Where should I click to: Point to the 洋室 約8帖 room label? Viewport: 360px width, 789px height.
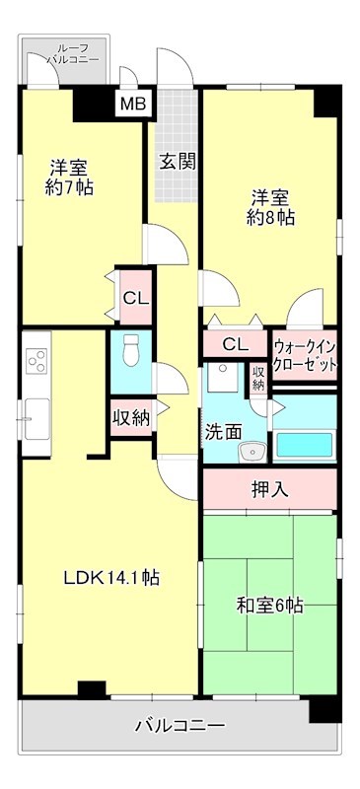tap(269, 207)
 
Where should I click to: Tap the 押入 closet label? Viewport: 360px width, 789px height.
tap(269, 488)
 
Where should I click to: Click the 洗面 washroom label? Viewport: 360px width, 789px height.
tap(223, 431)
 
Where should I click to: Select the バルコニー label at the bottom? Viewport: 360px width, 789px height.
tap(180, 725)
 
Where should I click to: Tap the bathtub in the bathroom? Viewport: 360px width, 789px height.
tap(305, 444)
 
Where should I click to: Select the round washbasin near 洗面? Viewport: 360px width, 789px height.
tap(252, 452)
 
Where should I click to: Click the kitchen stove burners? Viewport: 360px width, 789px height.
tap(37, 362)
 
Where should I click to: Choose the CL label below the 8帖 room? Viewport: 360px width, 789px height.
tap(235, 344)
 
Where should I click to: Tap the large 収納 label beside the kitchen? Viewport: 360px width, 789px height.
tap(130, 417)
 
